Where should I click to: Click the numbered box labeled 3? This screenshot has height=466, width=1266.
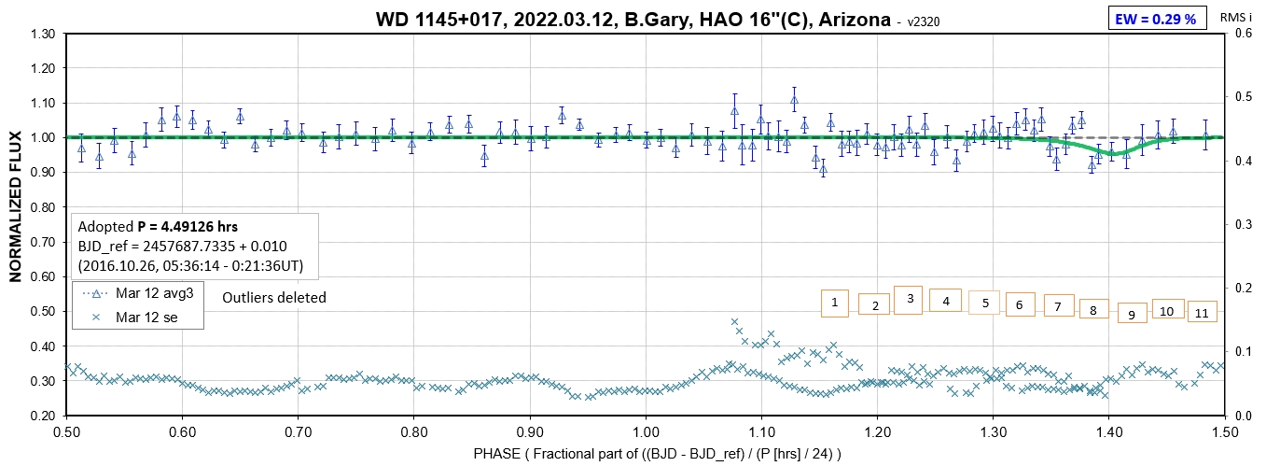(908, 299)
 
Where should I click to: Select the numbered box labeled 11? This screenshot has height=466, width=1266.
(1203, 313)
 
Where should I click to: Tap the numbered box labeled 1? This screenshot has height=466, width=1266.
(834, 303)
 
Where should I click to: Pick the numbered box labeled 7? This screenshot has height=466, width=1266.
(1057, 305)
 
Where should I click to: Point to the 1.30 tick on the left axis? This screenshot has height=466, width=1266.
(41, 35)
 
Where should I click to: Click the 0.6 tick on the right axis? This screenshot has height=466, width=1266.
(1244, 35)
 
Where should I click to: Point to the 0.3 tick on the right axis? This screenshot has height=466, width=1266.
(1244, 225)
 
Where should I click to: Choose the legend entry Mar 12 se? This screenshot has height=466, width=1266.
(141, 318)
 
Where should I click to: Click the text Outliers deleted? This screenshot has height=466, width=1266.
(273, 298)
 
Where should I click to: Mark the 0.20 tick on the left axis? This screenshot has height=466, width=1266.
(41, 416)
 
